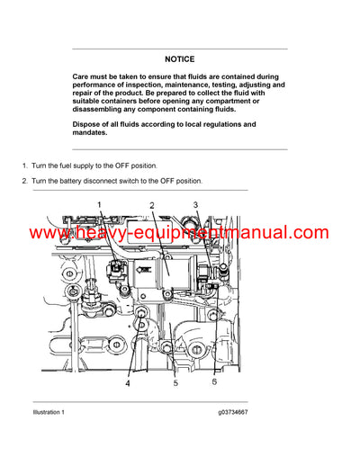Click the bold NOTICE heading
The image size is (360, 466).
click(x=180, y=58)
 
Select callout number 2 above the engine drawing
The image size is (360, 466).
click(x=152, y=206)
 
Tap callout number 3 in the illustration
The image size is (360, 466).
click(x=195, y=206)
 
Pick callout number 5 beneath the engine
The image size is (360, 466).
click(x=175, y=383)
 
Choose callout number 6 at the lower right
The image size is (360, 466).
click(x=213, y=382)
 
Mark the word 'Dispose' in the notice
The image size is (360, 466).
click(x=88, y=123)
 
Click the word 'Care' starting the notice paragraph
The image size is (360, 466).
click(x=82, y=78)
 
